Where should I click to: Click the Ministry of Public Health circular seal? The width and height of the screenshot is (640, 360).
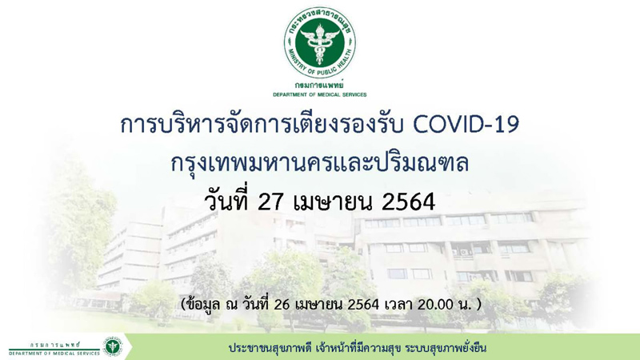click(319, 42)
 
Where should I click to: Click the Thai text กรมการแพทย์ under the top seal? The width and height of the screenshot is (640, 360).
click(319, 86)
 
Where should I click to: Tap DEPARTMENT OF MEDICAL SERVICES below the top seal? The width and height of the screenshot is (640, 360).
click(319, 94)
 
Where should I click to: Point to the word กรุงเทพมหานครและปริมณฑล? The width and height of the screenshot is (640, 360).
click(319, 163)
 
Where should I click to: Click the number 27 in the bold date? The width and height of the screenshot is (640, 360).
click(271, 202)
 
